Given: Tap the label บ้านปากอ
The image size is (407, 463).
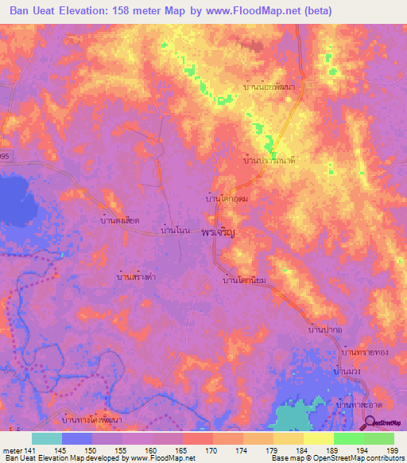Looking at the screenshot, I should [325, 329].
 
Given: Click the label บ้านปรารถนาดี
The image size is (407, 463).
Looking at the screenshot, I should [269, 160].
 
